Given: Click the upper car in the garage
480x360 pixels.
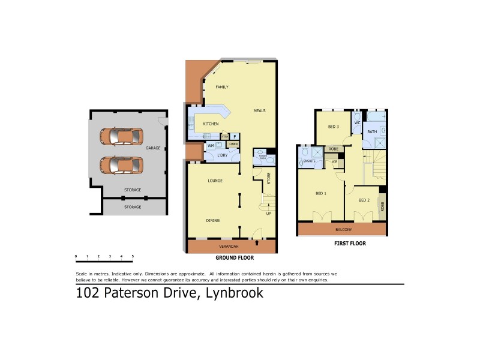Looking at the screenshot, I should point(122,136).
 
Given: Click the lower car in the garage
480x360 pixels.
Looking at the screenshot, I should point(122,164).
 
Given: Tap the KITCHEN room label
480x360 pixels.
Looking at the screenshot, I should point(211,124).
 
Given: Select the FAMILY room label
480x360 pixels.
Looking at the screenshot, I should point(222,87).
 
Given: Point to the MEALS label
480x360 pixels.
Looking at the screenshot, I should point(259,111).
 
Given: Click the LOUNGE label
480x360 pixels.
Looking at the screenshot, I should point(215,181).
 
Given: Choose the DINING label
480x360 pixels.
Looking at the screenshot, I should point(213,220).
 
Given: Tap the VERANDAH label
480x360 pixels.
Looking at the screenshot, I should point(229,247).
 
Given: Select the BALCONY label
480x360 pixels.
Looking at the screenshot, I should point(343,230).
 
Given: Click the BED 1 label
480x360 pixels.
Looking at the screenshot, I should point(321,193).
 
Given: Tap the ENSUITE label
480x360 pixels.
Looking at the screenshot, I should point(310,161).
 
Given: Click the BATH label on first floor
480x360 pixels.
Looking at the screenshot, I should point(372,131).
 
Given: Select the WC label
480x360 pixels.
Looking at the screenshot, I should point(356,123).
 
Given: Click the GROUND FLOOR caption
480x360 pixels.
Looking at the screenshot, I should point(235,257).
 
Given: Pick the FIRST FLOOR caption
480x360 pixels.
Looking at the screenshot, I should point(350,244).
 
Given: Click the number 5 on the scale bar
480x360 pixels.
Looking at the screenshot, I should point(133,256).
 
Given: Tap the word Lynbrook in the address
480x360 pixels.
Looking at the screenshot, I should point(235,293).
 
